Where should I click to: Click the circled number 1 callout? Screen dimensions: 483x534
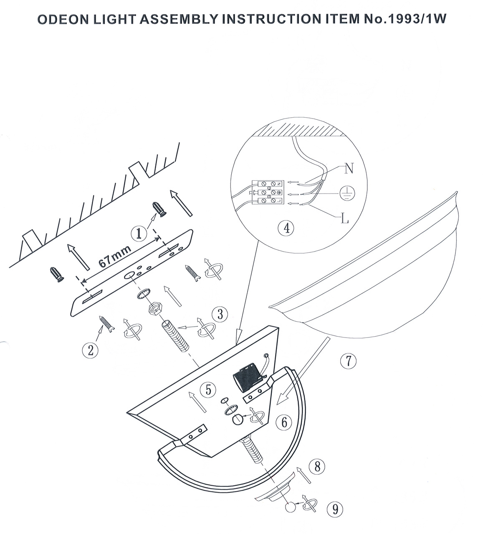tap(139, 234)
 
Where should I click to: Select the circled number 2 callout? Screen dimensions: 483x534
tap(91, 350)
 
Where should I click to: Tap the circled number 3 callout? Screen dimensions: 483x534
tap(220, 315)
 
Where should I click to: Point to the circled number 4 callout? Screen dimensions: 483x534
tap(286, 228)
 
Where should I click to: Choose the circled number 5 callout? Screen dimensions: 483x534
tap(208, 390)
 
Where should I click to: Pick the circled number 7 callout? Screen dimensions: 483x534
tap(348, 361)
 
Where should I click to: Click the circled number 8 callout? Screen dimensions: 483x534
tap(317, 467)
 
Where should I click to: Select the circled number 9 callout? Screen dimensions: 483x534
tap(335, 509)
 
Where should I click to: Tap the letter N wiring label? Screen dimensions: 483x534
tap(349, 168)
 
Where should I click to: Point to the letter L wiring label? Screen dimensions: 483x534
tap(345, 219)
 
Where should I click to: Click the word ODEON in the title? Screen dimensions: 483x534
tap(63, 20)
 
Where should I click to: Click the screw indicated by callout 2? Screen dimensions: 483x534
tap(106, 324)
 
